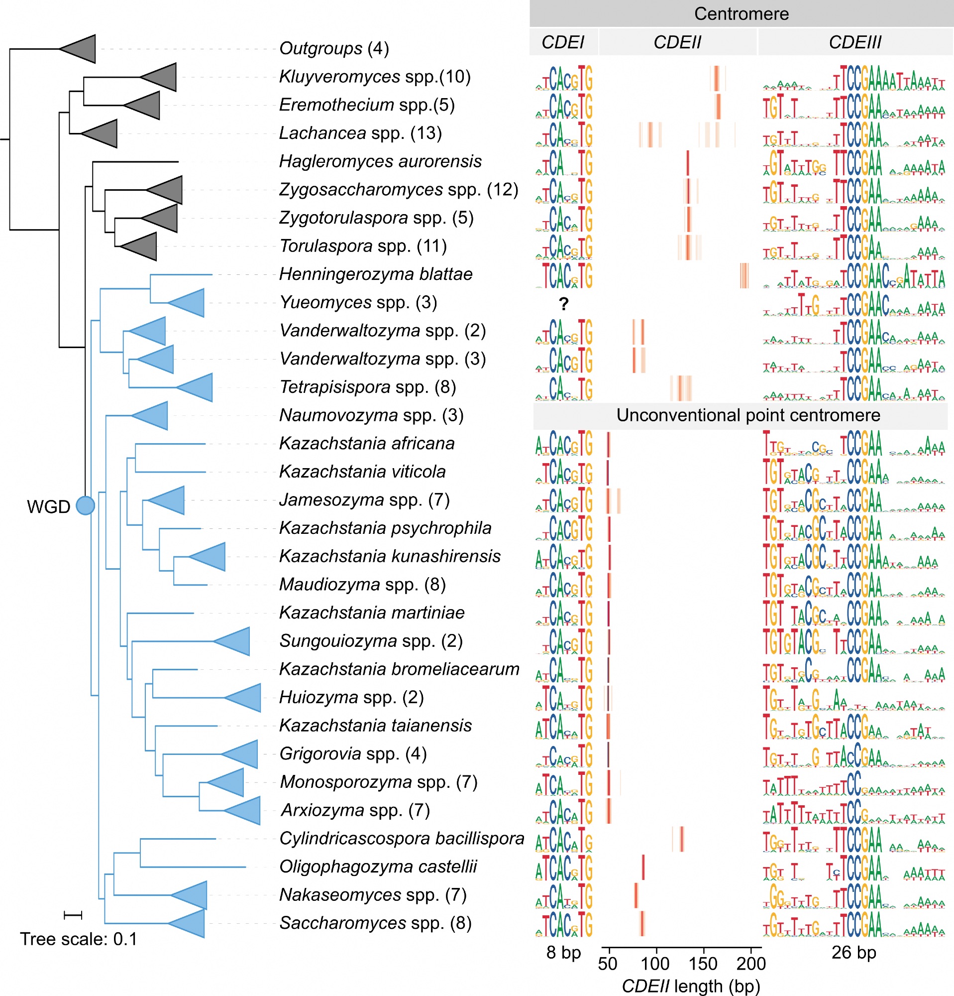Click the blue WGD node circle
[x=85, y=505]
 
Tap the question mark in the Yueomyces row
[x=563, y=304]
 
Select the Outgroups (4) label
[x=334, y=48]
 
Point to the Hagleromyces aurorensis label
[x=380, y=161]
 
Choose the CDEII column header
[x=677, y=42]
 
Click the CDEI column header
[x=562, y=42]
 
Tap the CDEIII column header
[x=854, y=42]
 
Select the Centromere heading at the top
[x=742, y=14]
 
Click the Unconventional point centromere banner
[x=748, y=415]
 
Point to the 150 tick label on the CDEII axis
[x=703, y=964]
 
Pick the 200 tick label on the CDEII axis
[x=751, y=964]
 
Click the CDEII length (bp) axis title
[x=691, y=987]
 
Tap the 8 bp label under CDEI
[x=563, y=952]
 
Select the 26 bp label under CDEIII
[x=853, y=952]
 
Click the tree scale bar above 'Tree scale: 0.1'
[x=73, y=915]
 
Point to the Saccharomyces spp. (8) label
[x=375, y=923]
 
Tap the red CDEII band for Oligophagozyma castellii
[x=643, y=867]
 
